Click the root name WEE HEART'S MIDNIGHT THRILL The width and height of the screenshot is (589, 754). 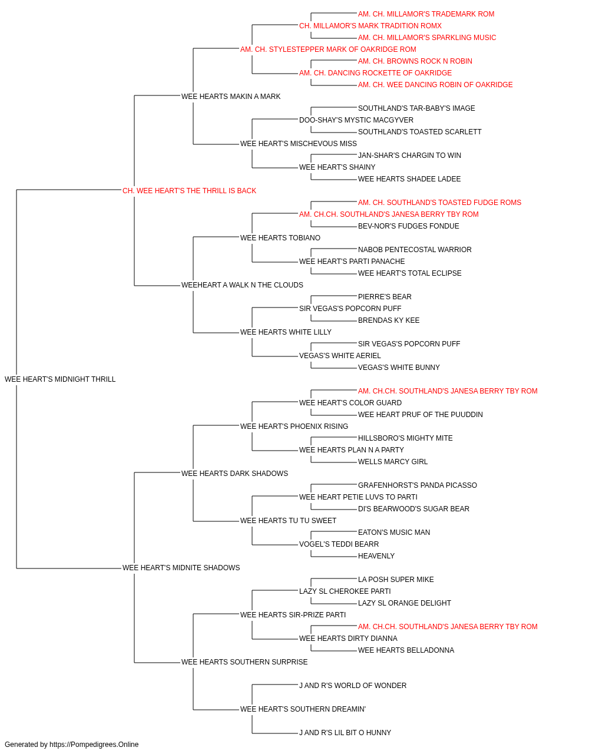click(60, 379)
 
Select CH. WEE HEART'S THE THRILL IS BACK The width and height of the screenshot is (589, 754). click(190, 191)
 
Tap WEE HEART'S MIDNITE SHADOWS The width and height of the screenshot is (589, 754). click(181, 568)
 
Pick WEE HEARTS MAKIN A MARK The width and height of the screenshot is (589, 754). click(231, 97)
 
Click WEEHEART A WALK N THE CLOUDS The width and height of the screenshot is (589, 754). click(242, 285)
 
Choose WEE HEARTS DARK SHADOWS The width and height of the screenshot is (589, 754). click(235, 473)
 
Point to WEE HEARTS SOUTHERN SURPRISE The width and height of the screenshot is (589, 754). click(244, 662)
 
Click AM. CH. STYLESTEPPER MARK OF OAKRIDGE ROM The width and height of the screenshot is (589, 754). click(328, 49)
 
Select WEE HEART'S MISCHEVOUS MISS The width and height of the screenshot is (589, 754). click(299, 144)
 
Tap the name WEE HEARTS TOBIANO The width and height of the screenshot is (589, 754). click(280, 237)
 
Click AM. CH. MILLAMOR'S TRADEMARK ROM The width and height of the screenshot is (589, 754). click(426, 14)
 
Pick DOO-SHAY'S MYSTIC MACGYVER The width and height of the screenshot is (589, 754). click(356, 120)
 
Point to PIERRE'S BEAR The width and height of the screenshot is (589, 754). click(385, 297)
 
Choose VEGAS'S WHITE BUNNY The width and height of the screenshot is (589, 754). click(399, 368)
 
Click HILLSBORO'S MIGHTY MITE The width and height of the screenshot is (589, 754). click(405, 438)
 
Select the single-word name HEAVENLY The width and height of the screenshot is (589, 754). click(376, 556)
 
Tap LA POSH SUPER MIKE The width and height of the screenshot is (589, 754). click(396, 580)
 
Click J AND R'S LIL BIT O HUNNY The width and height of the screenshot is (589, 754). click(345, 732)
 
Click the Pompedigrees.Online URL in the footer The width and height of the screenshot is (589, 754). click(94, 745)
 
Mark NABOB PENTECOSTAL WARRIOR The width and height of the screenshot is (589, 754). click(415, 250)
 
